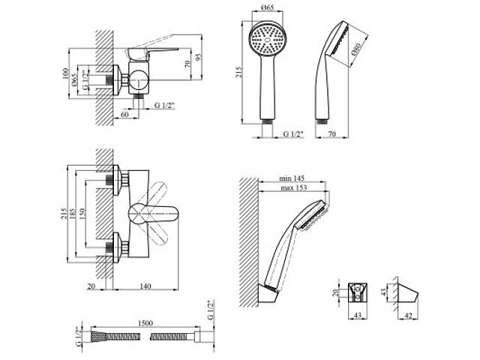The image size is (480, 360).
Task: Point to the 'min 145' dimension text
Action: [292, 180]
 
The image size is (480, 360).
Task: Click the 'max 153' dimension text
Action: [292, 190]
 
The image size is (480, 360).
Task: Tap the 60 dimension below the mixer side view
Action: [123, 115]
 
